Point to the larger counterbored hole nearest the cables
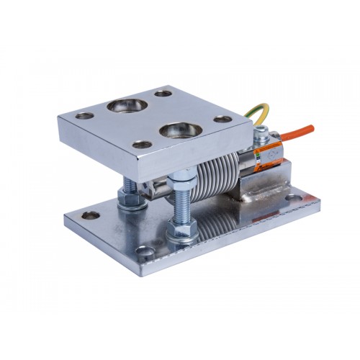(174, 130)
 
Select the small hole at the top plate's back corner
(163, 93)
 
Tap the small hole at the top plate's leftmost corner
(86, 115)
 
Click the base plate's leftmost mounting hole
(91, 214)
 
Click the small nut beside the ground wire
(263, 132)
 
